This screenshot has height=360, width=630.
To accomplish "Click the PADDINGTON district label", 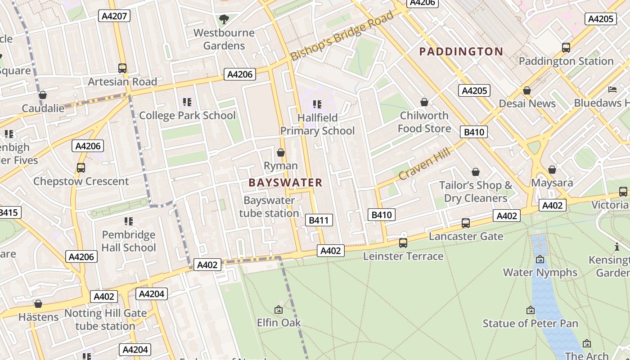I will click(461, 51).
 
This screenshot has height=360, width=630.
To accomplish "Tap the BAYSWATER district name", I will click(285, 182).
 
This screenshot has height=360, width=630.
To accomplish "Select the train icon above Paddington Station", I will click(566, 47).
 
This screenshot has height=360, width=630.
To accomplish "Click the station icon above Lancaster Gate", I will click(466, 223).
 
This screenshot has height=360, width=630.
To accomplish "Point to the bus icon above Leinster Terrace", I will click(403, 243).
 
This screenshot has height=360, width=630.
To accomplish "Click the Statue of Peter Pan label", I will click(530, 323).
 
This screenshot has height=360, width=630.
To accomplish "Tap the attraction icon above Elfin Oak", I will click(279, 310).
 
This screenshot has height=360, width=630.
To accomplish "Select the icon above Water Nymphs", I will click(540, 259).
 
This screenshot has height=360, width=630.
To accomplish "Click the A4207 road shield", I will click(114, 16).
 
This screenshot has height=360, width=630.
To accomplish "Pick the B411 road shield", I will click(319, 220).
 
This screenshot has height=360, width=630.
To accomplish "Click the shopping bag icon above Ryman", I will click(281, 153).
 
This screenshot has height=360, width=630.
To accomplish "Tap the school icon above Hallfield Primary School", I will click(317, 104).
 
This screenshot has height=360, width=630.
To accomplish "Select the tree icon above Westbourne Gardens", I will click(224, 19).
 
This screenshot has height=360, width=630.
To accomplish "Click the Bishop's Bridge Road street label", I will click(342, 36).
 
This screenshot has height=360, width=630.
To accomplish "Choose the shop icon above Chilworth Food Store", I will click(424, 103).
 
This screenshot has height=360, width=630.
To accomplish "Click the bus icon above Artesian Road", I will click(122, 68).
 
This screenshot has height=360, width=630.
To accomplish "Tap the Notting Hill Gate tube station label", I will click(105, 319).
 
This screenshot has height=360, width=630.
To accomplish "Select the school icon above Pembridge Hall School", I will click(129, 221).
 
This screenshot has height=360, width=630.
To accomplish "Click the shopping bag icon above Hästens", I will click(38, 304).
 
